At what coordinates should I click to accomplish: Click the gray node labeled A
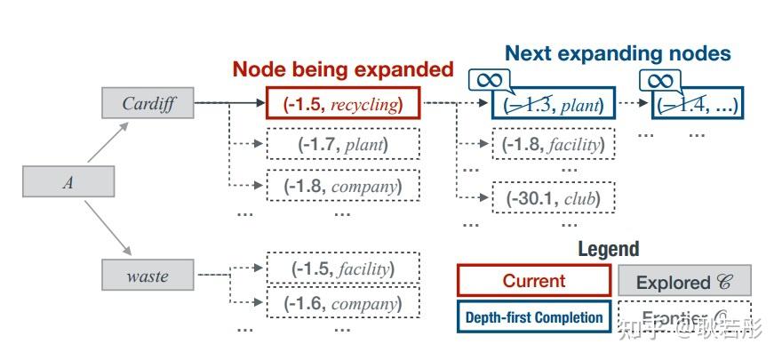[68, 183]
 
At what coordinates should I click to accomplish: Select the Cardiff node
[147, 103]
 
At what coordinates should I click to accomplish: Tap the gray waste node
[147, 276]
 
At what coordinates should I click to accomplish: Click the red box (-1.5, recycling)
[343, 104]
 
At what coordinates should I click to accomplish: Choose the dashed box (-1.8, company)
[343, 187]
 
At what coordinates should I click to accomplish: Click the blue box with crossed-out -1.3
[553, 105]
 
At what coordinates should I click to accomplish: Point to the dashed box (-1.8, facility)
[553, 145]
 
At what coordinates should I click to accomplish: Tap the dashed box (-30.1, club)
[553, 198]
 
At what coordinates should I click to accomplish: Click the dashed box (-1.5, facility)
[343, 268]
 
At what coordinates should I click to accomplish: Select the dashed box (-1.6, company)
[343, 302]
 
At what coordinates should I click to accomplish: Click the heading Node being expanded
[343, 69]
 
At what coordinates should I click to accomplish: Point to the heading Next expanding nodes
[618, 53]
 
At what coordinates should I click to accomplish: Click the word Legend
[608, 250]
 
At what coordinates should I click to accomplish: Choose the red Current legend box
[533, 282]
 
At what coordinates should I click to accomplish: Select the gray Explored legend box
[684, 282]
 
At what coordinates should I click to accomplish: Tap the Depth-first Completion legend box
[533, 317]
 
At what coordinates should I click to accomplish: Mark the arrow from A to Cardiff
[108, 143]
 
